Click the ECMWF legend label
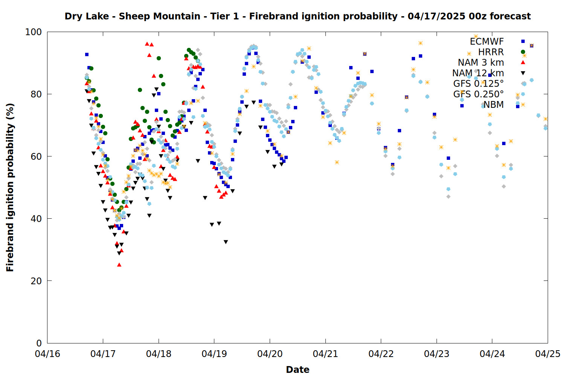[487, 41]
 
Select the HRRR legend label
[491, 52]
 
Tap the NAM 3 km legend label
[481, 62]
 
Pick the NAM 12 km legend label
[478, 73]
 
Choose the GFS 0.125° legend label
[478, 83]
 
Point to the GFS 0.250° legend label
[478, 94]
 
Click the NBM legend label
[493, 104]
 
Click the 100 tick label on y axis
[33, 32]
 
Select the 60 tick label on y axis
[36, 156]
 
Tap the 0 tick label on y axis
[39, 343]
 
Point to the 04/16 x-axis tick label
[47, 354]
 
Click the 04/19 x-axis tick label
[214, 354]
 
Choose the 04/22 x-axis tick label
[381, 354]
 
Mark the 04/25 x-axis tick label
[548, 354]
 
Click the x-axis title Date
[298, 370]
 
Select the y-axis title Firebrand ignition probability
[10, 187]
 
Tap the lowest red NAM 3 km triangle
[119, 265]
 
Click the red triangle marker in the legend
[523, 62]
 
